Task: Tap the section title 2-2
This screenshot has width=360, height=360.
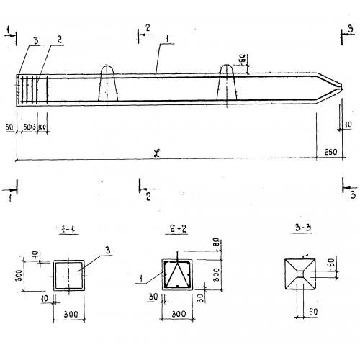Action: click(178, 231)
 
